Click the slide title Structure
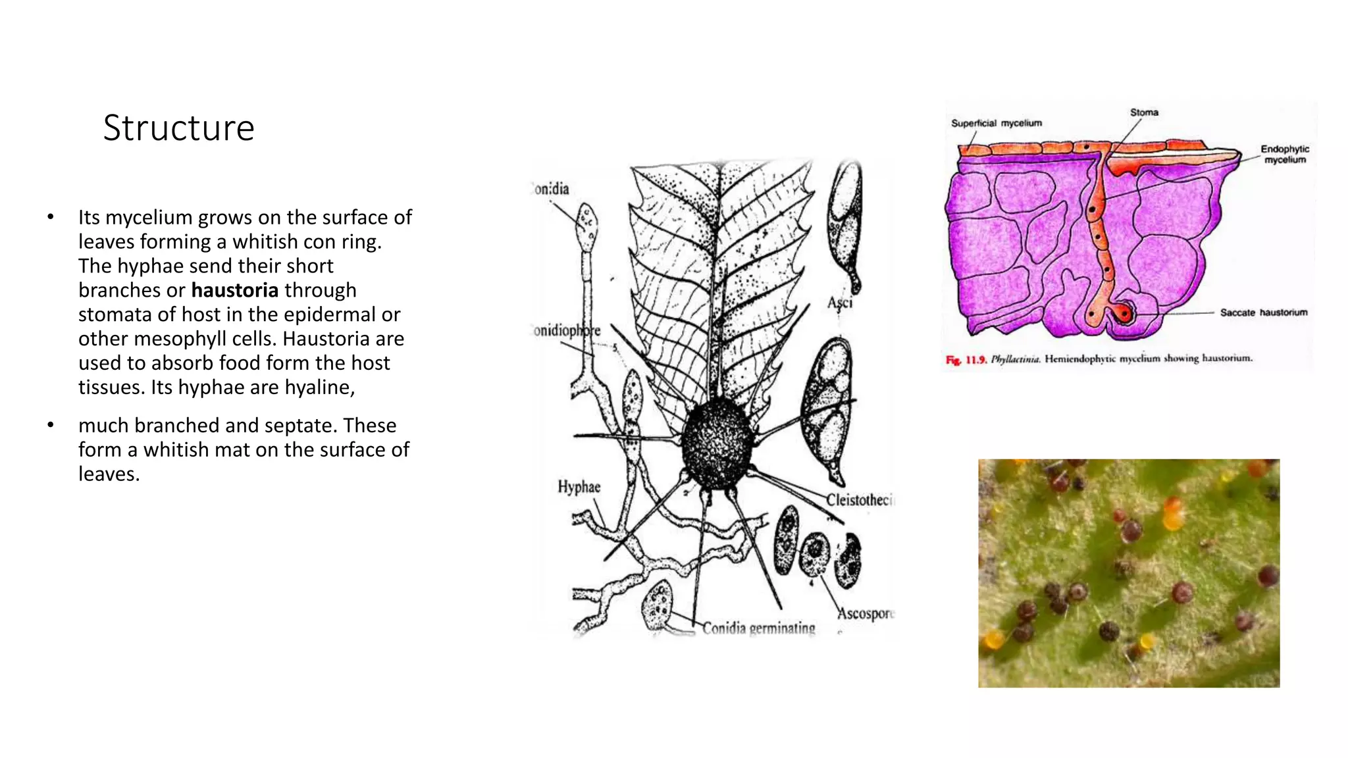coord(178,128)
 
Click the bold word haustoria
coord(235,290)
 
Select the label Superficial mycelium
coord(996,123)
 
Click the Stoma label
coord(1144,113)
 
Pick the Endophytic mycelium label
coord(1284,154)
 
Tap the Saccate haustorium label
coord(1263,313)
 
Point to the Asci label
coord(840,303)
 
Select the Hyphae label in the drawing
coord(579,487)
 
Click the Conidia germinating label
coord(758,628)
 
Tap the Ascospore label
coord(865,613)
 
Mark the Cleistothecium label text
coord(860,500)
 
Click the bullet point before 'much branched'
coord(51,426)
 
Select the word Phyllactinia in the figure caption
coord(1015,359)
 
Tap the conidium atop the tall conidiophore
coord(586,222)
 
